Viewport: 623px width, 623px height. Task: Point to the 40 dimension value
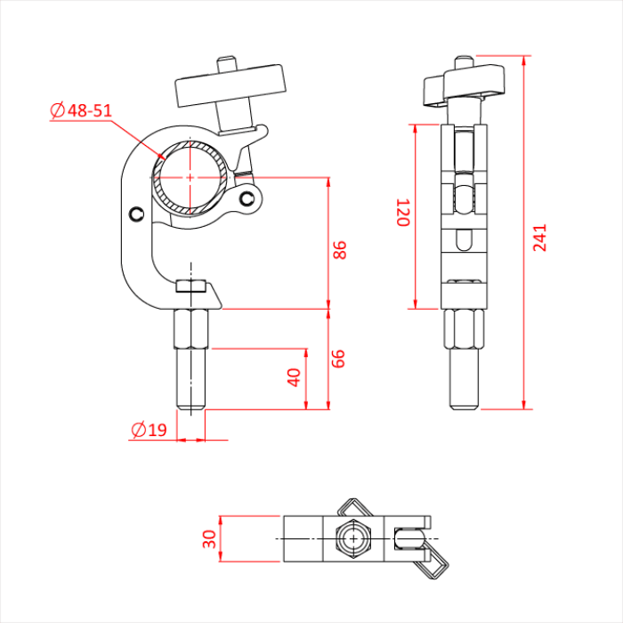click(x=295, y=376)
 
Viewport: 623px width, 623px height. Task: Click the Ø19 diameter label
click(x=149, y=431)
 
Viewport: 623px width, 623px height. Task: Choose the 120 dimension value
click(x=402, y=213)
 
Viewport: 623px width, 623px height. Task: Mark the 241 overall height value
click(x=540, y=238)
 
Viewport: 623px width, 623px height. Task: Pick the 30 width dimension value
click(x=210, y=538)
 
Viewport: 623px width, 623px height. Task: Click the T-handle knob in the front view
click(x=232, y=87)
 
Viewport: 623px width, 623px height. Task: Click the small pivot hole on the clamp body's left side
click(x=136, y=214)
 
